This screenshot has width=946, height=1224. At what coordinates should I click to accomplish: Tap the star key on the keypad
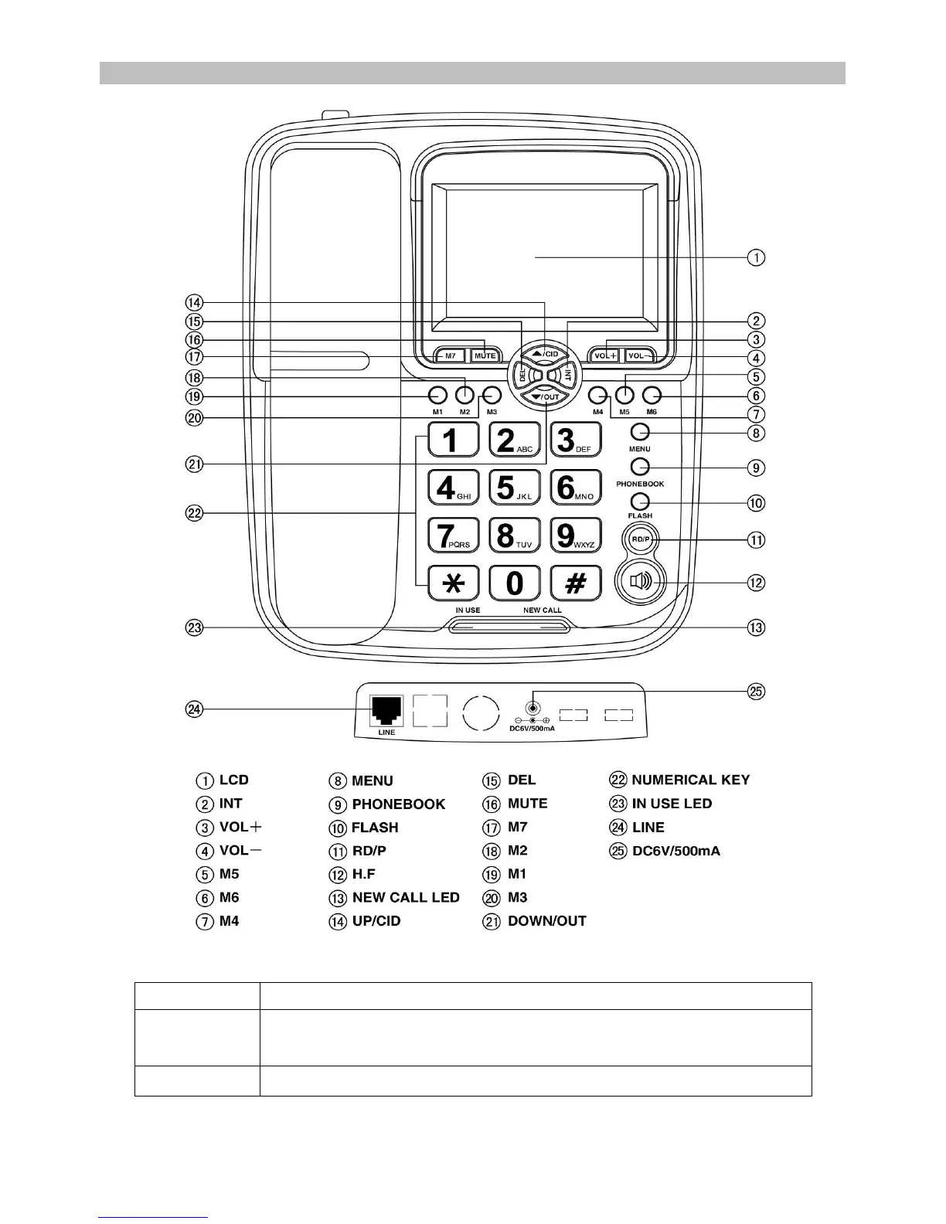454,583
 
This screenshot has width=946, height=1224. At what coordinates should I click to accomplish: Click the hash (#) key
576,583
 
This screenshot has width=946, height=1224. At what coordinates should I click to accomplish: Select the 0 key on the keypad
515,583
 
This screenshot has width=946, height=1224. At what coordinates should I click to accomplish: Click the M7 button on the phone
450,356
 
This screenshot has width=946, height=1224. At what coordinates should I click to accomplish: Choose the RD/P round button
639,540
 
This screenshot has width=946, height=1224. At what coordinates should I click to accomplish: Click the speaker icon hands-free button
641,581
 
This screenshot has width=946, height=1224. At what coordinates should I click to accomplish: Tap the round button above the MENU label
640,432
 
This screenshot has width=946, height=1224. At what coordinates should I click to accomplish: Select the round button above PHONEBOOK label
640,466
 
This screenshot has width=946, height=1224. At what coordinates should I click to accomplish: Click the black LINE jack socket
386,709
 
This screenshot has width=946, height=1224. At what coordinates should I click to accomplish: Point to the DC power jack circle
532,708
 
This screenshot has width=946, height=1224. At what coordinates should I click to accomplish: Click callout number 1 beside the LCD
756,257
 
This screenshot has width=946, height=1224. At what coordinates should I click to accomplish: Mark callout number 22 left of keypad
195,512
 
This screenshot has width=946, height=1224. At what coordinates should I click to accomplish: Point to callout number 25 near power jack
756,691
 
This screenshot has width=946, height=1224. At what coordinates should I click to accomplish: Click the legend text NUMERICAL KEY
690,780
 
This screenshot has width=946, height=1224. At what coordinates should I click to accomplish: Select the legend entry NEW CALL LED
406,898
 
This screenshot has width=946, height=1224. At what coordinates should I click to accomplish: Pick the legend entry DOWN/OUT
546,921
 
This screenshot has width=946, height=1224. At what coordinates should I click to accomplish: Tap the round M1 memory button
438,395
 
